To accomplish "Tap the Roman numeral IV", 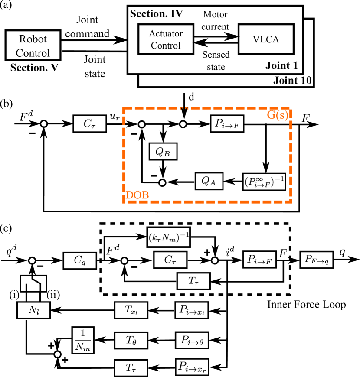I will (x=177, y=13).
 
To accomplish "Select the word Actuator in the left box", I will (x=166, y=33).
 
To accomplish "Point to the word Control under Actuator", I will (x=166, y=45).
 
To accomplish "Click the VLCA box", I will (x=266, y=39).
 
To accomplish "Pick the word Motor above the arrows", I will (x=215, y=15).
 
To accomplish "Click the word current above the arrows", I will (x=215, y=26).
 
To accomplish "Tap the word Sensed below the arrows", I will (x=216, y=55).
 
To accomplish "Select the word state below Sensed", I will (x=216, y=67).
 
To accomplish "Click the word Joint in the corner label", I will (x=278, y=66).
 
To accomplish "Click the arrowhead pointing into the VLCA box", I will (x=235, y=36).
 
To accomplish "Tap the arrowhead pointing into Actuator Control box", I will (x=197, y=42).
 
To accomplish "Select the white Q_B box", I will (x=163, y=151).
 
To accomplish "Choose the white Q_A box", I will (x=209, y=181).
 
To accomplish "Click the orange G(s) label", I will (x=278, y=116).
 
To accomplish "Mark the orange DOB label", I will (x=137, y=196).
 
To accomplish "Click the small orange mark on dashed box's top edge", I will (x=184, y=108).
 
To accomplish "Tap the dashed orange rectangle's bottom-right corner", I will (x=290, y=201).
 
